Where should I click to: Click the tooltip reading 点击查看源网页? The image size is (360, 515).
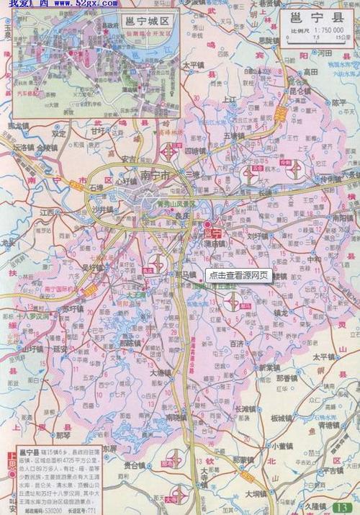pos(238,275)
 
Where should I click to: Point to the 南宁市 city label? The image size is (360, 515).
pos(155,175)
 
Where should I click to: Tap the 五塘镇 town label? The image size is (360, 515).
pos(235,135)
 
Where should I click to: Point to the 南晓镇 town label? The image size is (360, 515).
pos(176,417)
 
